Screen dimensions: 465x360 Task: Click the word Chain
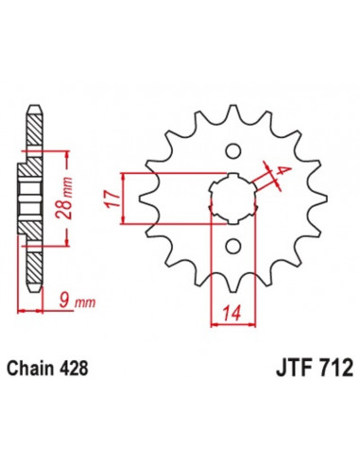[x=41, y=367]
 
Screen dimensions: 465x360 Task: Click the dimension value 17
[x=111, y=198]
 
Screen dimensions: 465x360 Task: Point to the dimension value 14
[x=231, y=315]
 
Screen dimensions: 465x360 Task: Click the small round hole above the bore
[x=231, y=151]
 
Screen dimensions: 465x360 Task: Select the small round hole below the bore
[x=231, y=247]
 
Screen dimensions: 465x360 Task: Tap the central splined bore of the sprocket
[x=231, y=199]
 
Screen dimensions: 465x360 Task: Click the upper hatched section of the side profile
[x=35, y=128]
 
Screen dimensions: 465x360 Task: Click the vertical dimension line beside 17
[x=124, y=198]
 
